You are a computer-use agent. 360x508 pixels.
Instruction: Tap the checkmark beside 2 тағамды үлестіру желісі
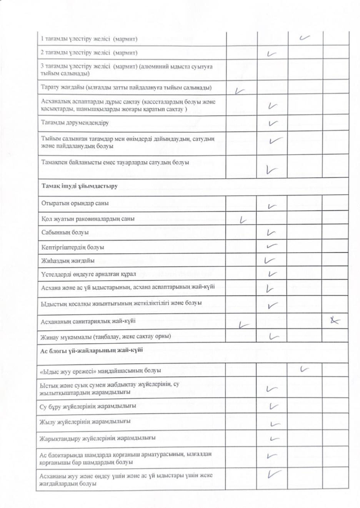pos(272,53)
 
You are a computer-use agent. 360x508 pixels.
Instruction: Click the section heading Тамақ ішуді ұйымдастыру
pos(80,186)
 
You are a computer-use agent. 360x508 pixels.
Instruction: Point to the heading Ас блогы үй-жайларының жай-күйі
pos(92,350)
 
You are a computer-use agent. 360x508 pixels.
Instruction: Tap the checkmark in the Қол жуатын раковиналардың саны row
pos(242,220)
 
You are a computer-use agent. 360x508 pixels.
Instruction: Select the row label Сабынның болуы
pos(65,232)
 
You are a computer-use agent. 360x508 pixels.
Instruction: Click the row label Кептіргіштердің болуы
pos(73,247)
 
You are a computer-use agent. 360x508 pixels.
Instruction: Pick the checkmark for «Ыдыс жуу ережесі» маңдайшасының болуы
pos(305,369)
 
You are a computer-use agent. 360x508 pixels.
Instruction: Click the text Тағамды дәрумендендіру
pos(75,123)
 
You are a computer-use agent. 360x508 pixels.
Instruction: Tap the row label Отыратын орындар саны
pos(75,203)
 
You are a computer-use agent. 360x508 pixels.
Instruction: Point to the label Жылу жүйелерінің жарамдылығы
pos(85,422)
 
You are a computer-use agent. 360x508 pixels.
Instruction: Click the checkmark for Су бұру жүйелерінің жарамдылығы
pos(273,406)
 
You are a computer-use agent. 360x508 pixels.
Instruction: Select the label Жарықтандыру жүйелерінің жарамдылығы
pos(98,438)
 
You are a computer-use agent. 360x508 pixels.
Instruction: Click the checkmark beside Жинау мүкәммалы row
pos(273,337)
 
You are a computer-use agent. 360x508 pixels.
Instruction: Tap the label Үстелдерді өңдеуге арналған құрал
pos(88,274)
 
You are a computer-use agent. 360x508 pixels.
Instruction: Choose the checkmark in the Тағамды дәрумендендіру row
pos(273,123)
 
